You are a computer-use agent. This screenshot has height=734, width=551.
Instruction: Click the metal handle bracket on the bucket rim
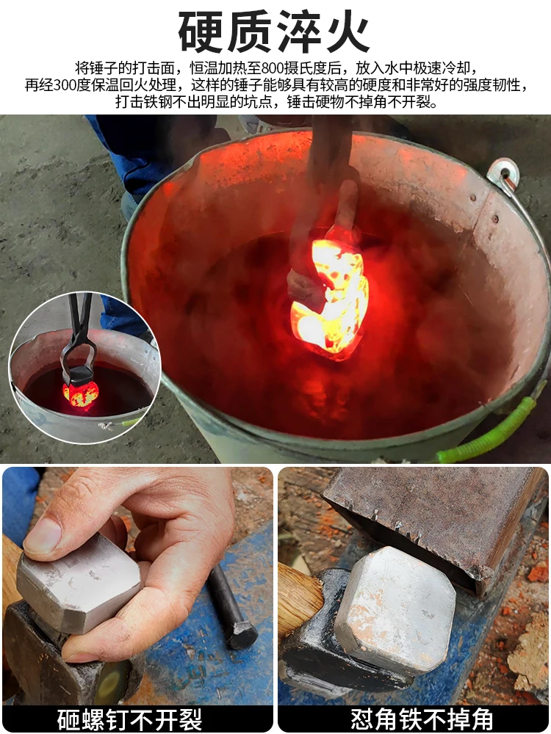coord(503,175)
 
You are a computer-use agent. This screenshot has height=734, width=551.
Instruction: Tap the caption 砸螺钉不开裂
coord(137,719)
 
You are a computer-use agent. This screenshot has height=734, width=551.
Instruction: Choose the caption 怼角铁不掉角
coord(413,719)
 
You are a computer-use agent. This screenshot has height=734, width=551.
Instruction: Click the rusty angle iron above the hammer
coord(433,514)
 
